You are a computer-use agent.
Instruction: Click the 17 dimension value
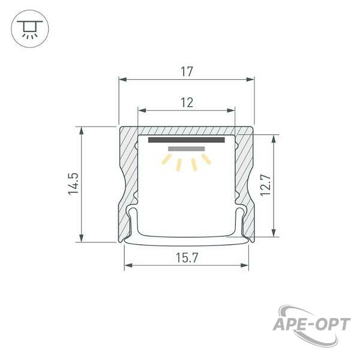[187, 71]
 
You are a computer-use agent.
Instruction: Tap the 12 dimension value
[187, 103]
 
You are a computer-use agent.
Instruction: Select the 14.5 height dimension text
[74, 184]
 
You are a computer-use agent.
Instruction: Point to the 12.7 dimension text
[266, 185]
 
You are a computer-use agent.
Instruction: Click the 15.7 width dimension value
[187, 257]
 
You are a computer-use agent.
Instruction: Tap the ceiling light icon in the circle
[30, 29]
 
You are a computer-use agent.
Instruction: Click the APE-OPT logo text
[311, 325]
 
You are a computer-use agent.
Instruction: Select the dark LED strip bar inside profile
[186, 140]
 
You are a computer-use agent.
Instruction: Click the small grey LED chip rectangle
[186, 149]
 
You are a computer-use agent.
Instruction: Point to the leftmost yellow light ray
[166, 160]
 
